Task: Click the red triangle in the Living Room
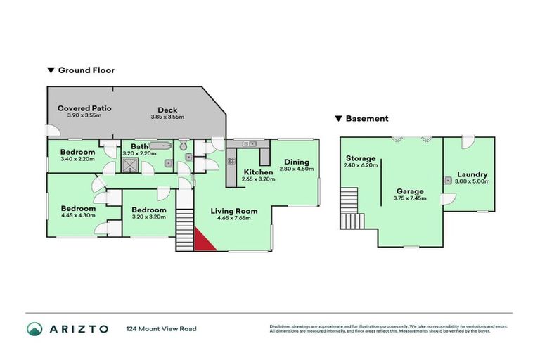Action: point(202,240)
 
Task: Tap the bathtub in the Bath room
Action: point(160,146)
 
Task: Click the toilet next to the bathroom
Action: point(183,146)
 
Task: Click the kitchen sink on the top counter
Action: point(249,144)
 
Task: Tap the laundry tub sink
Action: point(448,180)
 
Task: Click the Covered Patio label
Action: point(84,108)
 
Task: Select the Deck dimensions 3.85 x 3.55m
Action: point(167,116)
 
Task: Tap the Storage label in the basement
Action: point(361,158)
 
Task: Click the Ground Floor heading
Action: point(86,70)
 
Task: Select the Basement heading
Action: point(366,119)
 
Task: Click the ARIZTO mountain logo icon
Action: point(35,329)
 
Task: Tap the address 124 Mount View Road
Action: point(161,329)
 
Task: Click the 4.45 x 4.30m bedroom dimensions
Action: point(77,216)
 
